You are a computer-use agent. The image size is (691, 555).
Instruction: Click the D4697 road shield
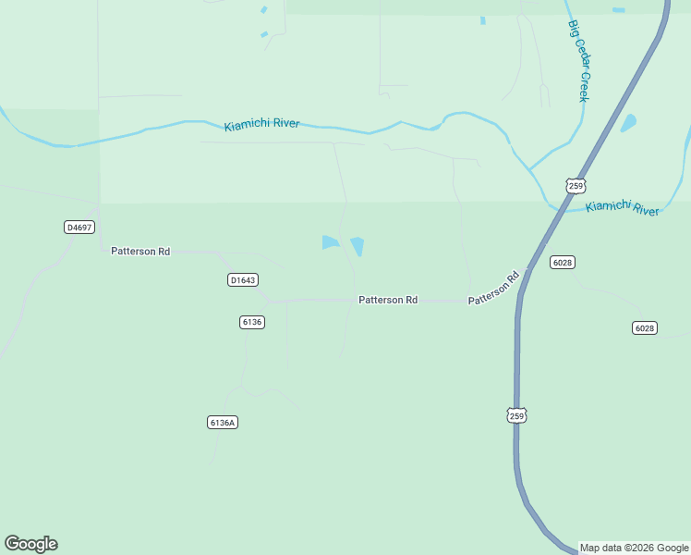point(80,227)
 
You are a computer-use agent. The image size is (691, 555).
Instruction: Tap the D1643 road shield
point(242,279)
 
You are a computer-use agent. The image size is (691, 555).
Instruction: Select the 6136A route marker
point(223,422)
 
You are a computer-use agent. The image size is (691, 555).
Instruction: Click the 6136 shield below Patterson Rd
point(251,322)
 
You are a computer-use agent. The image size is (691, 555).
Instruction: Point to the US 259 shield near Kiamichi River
point(576,185)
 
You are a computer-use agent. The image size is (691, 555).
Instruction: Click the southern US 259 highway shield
point(516,414)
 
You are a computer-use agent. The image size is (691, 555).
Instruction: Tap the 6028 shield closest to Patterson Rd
point(563,262)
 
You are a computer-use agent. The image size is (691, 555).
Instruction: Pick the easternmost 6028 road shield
point(645,328)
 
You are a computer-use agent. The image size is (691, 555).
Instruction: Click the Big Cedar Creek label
point(579,61)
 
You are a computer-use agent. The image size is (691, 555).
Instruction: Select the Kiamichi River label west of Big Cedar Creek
point(261,124)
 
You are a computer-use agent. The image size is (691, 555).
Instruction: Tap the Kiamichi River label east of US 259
point(623,208)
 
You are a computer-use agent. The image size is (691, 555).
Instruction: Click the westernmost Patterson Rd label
point(140,251)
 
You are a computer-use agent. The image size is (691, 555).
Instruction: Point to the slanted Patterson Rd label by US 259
point(494,288)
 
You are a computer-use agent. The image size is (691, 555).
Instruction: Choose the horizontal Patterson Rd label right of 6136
point(388,300)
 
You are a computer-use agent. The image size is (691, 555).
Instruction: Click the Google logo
point(30,544)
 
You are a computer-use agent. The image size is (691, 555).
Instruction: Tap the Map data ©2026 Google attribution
point(634,548)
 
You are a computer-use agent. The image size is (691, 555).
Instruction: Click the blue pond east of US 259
point(629,122)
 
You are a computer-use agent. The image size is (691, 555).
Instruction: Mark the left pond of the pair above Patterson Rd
point(330,242)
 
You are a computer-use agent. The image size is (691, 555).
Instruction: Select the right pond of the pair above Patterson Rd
point(358,247)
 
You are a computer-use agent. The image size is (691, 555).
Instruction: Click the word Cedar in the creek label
point(580,63)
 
